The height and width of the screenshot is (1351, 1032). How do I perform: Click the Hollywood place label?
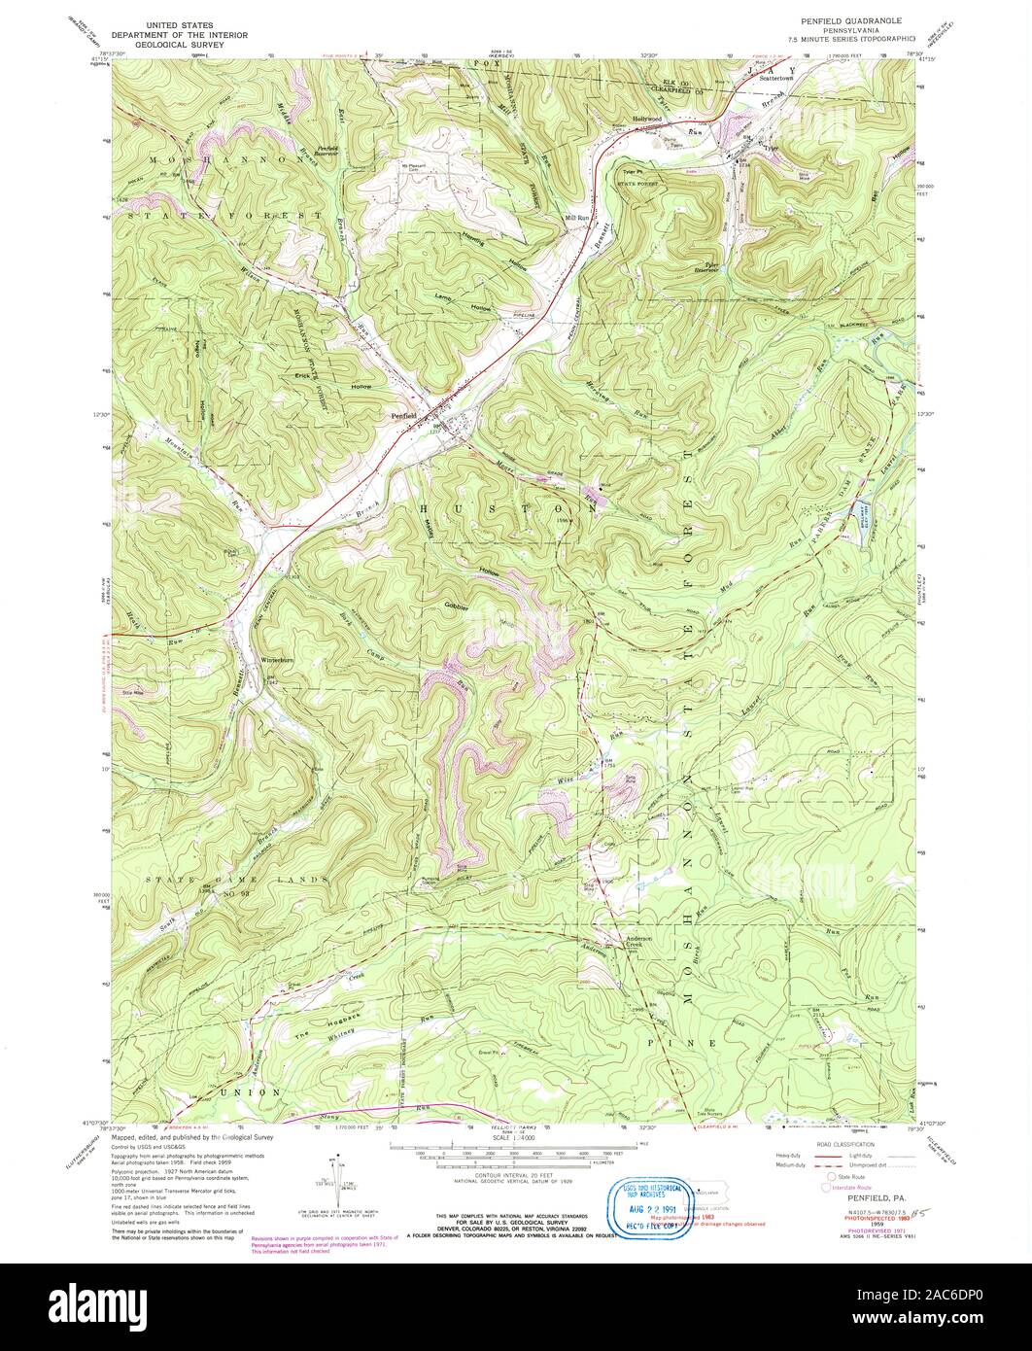(x=647, y=119)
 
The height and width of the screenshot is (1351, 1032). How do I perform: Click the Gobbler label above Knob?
(x=457, y=607)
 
